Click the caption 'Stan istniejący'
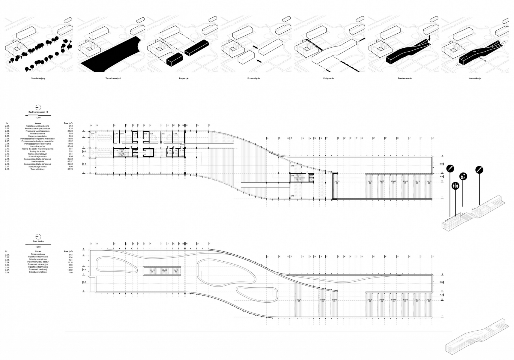38,78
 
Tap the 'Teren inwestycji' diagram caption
112,78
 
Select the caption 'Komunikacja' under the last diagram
475,78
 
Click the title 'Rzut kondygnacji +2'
38,112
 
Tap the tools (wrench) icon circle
463,176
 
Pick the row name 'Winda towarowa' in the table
38,133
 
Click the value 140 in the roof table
70,272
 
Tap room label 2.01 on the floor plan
93,133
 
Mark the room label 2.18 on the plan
292,196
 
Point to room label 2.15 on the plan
292,166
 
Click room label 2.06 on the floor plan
151,133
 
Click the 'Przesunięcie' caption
253,78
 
